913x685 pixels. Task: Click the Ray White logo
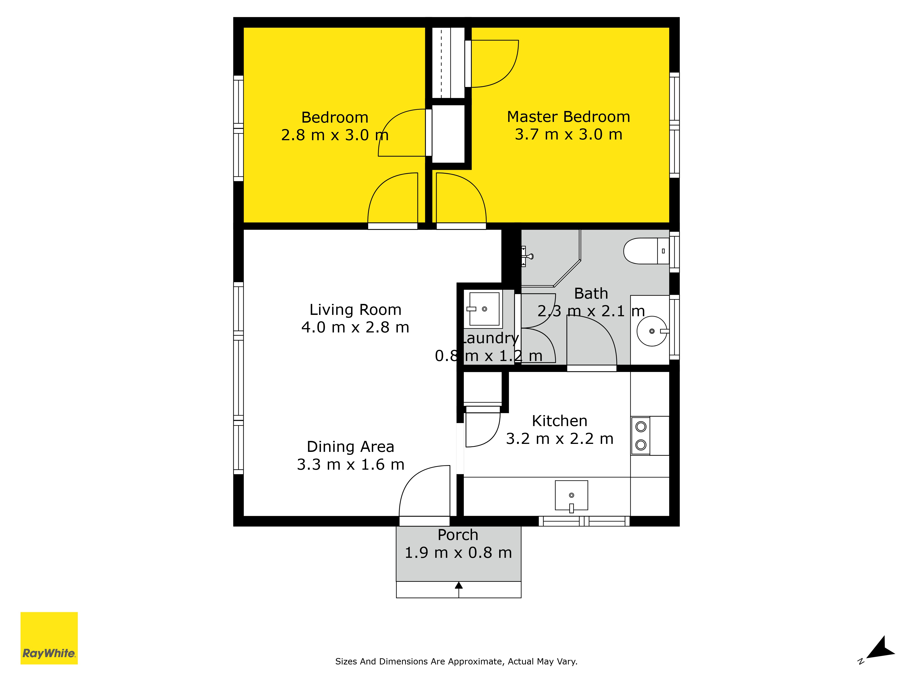coord(49,638)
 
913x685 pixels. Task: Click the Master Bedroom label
coord(568,117)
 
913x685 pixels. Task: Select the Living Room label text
coord(355,310)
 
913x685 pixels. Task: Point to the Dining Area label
coord(350,447)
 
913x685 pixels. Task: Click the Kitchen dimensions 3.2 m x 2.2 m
coord(560,438)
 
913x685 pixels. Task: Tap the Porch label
coord(458,535)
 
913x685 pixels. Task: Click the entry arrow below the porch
coord(459,589)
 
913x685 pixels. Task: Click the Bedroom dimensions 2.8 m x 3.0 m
coord(335,135)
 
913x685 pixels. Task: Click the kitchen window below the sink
coord(584,521)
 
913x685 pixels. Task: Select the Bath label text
coord(591,294)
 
